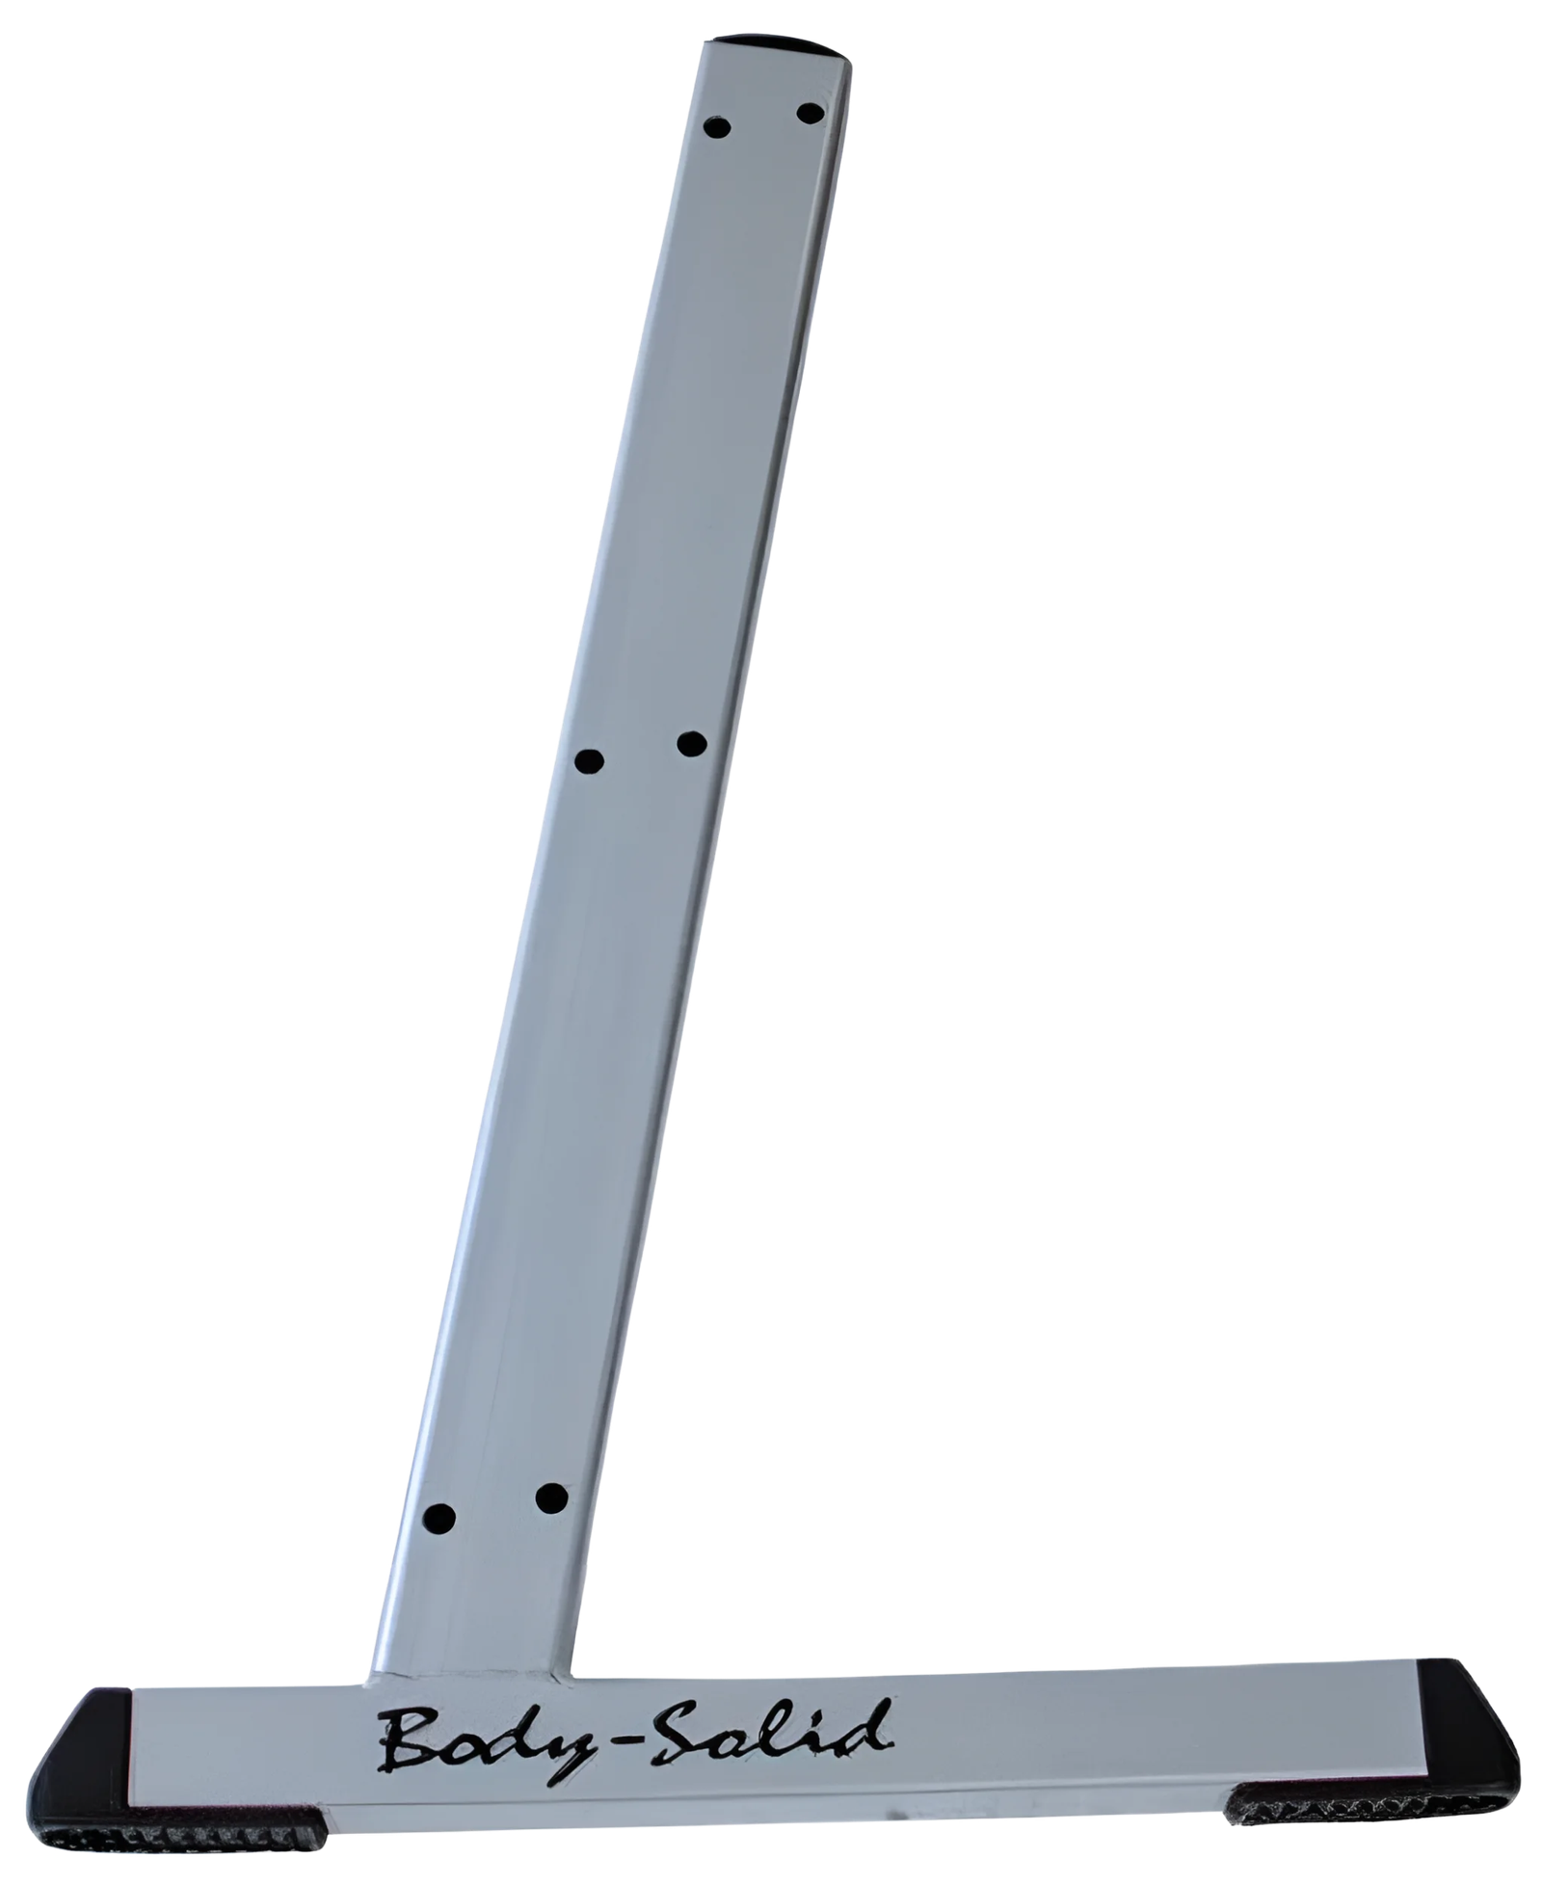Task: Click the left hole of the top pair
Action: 718,127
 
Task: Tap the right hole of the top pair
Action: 811,114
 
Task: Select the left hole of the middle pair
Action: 589,761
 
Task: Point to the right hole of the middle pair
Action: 692,744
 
